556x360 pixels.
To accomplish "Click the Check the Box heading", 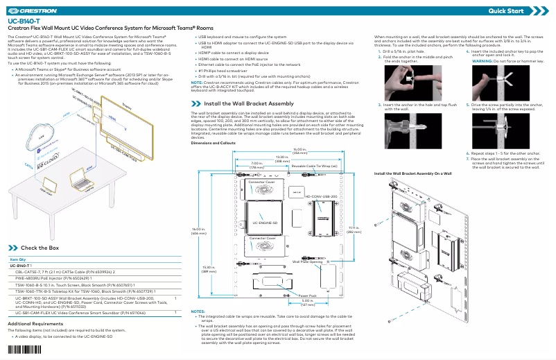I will click(40, 248).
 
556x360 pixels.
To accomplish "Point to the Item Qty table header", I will click(18, 259).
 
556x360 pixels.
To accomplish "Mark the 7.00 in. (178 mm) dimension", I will click(256, 165).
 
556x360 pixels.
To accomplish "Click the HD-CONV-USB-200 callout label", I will click(321, 196).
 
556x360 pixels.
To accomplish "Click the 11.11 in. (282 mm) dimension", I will click(354, 229).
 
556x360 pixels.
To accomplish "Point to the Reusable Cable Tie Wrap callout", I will click(314, 166).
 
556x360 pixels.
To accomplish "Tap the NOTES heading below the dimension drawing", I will click(198, 311).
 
